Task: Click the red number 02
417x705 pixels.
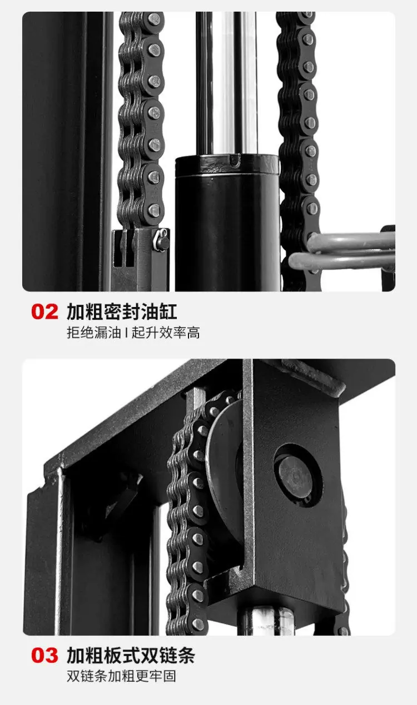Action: point(44,311)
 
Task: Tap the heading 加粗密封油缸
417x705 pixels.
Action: point(122,311)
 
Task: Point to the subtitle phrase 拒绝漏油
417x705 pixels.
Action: point(94,333)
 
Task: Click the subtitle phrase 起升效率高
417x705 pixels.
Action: point(166,333)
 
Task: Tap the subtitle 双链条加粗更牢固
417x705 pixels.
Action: point(121,676)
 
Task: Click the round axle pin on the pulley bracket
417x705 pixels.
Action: point(295,476)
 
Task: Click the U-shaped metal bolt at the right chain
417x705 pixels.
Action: point(342,251)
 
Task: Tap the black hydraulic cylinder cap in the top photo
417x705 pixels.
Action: point(227,165)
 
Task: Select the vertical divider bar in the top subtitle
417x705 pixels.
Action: point(126,333)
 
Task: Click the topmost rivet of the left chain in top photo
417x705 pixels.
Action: point(155,18)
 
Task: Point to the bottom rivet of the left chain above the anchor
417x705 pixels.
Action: point(155,210)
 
